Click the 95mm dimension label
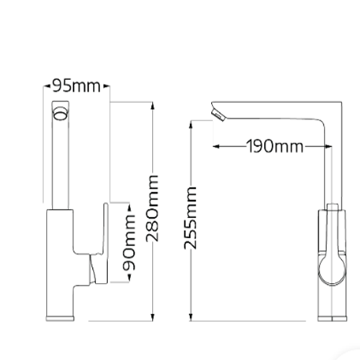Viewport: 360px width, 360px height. [76, 86]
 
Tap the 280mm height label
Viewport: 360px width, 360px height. [153, 208]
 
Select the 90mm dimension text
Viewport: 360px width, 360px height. [129, 243]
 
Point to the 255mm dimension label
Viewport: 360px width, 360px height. [190, 217]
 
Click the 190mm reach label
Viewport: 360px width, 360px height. [275, 146]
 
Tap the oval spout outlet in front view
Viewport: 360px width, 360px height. [60, 114]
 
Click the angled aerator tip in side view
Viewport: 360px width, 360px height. [217, 114]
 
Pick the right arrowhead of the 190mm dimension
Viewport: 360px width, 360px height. [328, 146]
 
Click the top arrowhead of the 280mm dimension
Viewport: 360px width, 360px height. [153, 106]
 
